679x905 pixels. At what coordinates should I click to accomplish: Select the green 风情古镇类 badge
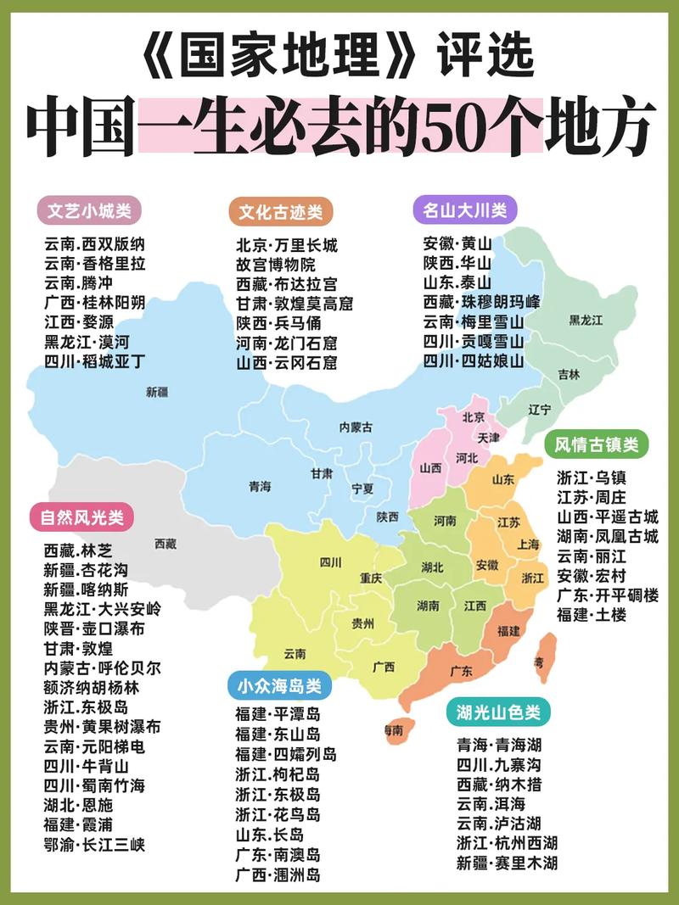click(x=596, y=444)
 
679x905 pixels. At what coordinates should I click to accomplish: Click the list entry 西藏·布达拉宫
click(x=286, y=283)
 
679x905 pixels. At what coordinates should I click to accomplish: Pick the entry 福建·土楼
click(x=592, y=615)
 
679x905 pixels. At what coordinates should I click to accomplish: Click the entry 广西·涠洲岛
click(x=278, y=873)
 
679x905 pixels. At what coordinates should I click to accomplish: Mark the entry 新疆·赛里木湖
click(x=507, y=863)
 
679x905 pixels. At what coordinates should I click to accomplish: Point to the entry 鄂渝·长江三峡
click(x=94, y=844)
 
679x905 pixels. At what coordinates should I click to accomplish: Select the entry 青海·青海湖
click(x=498, y=746)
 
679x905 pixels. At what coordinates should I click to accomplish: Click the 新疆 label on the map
click(x=157, y=392)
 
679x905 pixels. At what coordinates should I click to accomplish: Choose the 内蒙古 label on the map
click(x=355, y=427)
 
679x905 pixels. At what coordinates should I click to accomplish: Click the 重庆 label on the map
click(x=370, y=578)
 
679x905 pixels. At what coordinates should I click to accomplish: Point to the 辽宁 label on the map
click(x=540, y=409)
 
